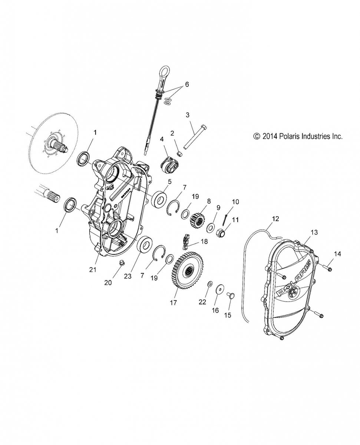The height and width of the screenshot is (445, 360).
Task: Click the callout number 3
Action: click(x=188, y=115)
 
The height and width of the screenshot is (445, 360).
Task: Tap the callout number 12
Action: click(x=275, y=219)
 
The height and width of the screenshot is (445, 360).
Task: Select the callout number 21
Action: click(x=93, y=270)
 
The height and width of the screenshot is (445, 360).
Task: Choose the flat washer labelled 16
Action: click(x=220, y=288)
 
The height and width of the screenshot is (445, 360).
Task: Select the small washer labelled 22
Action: click(x=209, y=284)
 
